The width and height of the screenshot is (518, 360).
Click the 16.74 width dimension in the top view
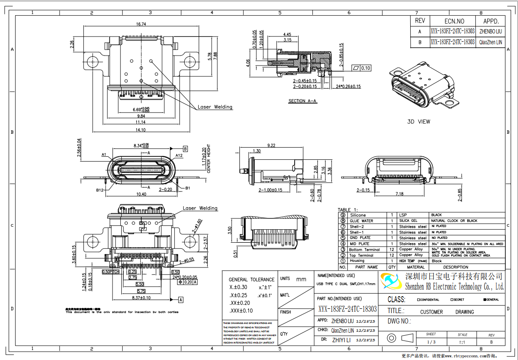(x=141, y=24)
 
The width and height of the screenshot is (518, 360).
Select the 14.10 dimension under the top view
(x=141, y=129)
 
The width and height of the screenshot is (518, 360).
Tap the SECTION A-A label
(x=303, y=101)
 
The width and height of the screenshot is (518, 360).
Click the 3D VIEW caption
(x=418, y=122)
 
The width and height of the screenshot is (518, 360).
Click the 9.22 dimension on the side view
(x=272, y=145)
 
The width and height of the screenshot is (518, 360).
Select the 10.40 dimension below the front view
(x=141, y=194)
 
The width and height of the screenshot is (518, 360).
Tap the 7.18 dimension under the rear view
(x=398, y=194)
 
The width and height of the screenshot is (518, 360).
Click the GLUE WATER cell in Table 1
(x=361, y=221)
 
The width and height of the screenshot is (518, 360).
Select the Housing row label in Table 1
(x=357, y=261)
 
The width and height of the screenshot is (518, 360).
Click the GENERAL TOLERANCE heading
(x=252, y=280)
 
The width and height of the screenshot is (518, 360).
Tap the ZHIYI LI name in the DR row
(x=341, y=340)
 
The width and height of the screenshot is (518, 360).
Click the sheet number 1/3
(x=431, y=342)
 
